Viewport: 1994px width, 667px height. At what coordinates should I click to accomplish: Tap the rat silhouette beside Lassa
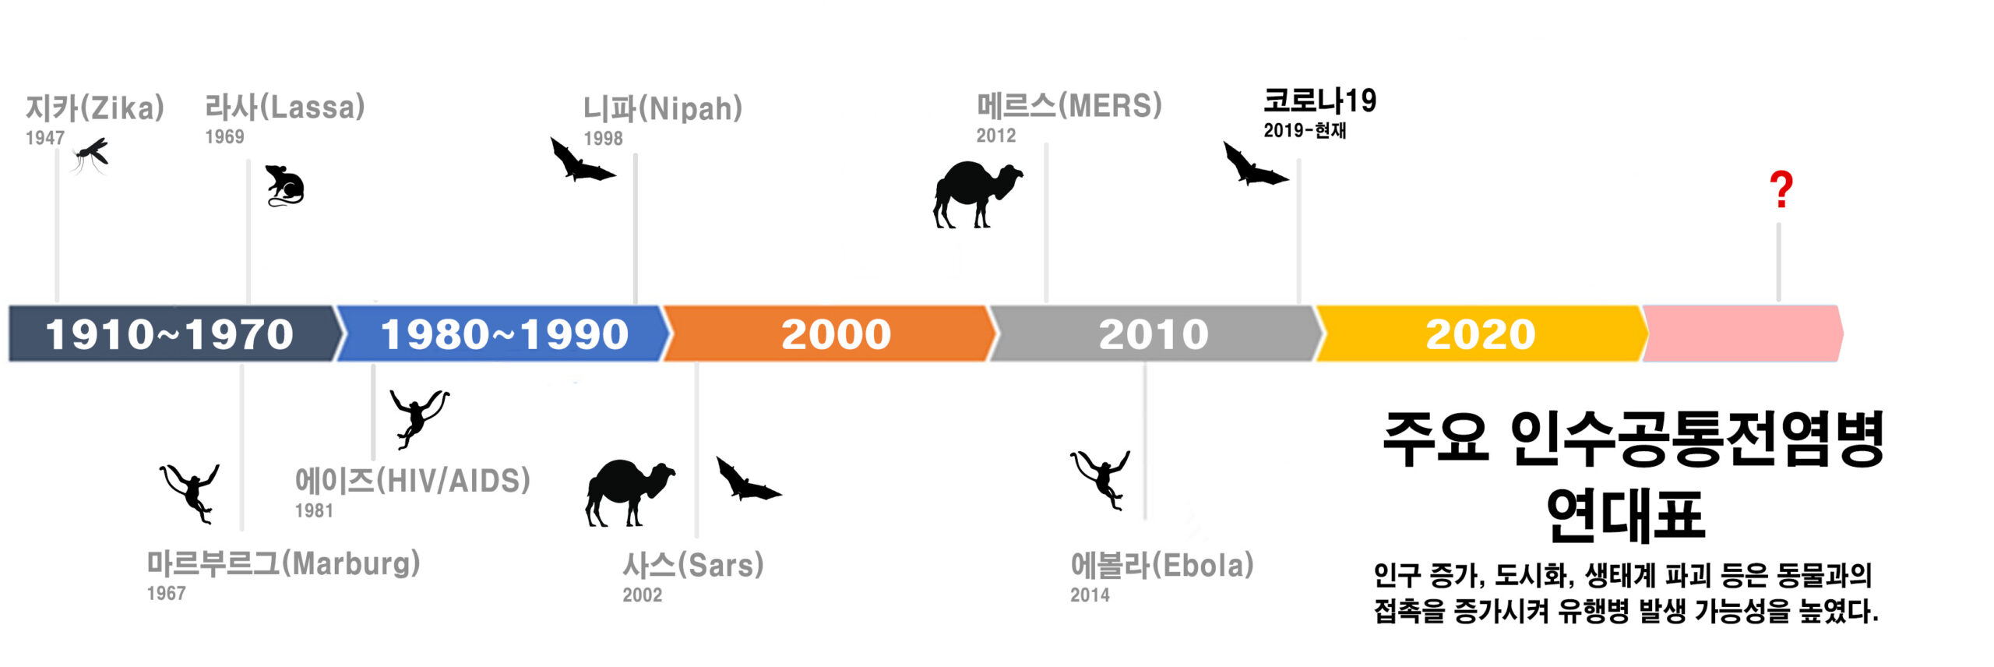click(x=284, y=185)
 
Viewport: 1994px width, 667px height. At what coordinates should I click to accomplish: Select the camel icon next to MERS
click(x=978, y=194)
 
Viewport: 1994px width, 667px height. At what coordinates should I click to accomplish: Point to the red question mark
click(x=1781, y=189)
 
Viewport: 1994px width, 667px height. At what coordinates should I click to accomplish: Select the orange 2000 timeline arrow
click(x=830, y=333)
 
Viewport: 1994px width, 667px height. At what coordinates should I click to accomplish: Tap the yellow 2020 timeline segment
click(x=1480, y=333)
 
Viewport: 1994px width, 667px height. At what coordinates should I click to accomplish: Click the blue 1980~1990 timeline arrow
click(x=502, y=333)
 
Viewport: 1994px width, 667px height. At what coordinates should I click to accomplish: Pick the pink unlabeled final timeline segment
click(x=1742, y=333)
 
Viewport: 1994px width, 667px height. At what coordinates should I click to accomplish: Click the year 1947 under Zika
click(x=45, y=138)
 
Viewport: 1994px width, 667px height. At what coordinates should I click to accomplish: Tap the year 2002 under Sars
click(x=643, y=595)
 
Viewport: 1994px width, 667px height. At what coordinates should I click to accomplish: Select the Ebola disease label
click(x=1162, y=565)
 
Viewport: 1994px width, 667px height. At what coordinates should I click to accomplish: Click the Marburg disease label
click(x=284, y=563)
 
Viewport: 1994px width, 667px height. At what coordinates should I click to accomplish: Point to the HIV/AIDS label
click(x=412, y=481)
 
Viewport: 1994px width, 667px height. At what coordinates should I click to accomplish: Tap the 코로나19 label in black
click(x=1319, y=101)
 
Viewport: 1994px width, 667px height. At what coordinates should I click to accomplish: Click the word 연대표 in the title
click(x=1626, y=514)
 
